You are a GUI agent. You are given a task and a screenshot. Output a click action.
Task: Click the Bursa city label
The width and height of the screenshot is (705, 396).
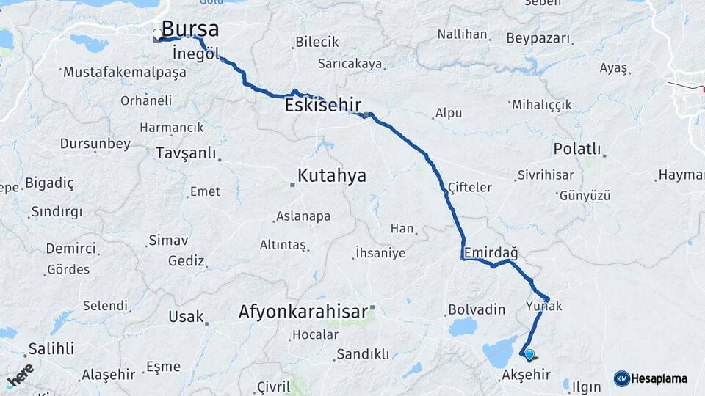coord(189,29)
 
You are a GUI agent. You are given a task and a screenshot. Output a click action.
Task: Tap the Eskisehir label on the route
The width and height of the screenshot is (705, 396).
coord(322,106)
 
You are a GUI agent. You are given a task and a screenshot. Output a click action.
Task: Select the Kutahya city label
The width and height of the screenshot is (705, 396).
coord(331,176)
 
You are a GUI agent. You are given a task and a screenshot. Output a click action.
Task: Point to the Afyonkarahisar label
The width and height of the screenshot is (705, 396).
coord(303,312)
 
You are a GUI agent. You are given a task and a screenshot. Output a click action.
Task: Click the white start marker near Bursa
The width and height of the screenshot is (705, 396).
coord(157,34)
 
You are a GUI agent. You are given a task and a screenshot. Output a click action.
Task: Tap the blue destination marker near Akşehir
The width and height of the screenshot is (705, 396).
coord(529,354)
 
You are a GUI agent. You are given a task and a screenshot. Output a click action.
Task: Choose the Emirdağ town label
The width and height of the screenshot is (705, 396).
coord(490,253)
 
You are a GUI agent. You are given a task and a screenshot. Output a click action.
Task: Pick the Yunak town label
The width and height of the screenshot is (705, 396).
coord(543,305)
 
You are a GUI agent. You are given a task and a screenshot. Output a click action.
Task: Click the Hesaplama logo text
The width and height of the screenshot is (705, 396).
coord(659,378)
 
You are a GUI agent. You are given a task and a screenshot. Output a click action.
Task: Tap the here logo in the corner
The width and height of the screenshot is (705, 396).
coord(21,375)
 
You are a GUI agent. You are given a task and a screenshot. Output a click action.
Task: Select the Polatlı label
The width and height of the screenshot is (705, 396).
coord(576,150)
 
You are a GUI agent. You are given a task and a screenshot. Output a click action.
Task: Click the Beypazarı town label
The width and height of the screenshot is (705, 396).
coord(538,37)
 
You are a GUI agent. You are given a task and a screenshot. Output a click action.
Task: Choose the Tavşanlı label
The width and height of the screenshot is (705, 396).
coord(186,153)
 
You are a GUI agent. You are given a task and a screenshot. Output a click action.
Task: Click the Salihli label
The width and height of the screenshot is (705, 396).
coord(51,349)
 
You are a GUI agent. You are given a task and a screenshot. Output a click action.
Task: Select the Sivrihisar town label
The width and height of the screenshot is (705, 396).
coord(545,175)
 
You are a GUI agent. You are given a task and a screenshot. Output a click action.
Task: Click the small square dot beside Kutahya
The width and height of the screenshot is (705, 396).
coord(292,184)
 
